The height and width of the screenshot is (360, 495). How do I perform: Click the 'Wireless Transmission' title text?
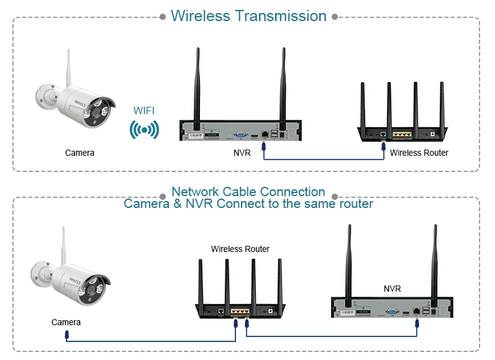248,16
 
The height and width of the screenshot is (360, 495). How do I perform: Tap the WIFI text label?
144,110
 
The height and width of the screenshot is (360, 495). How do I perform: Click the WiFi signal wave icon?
144,130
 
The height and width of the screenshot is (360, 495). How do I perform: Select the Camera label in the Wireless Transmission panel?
79,153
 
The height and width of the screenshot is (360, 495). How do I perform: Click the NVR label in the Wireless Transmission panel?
242,153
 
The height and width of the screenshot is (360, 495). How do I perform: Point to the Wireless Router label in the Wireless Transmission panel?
419,153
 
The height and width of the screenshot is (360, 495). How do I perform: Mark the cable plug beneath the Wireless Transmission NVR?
265,146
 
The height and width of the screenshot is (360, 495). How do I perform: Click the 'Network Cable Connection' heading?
248,192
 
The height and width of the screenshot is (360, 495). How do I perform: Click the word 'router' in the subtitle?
354,204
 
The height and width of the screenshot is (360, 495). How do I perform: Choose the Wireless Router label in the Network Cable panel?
240,249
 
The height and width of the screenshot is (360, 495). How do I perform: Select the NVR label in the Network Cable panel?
392,289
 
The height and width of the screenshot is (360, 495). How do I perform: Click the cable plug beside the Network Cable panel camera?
67,336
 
